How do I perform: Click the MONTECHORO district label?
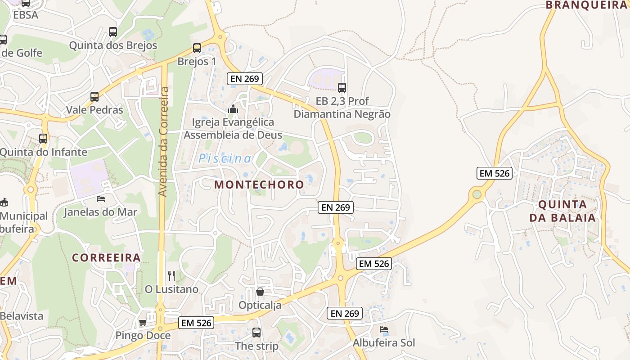[259, 184]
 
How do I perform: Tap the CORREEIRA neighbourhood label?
[107, 258]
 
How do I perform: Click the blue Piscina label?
[225, 158]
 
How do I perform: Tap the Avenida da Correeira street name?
[163, 142]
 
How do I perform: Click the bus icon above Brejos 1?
[197, 48]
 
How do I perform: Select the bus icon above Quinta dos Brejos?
[113, 32]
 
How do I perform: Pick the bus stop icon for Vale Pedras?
[94, 97]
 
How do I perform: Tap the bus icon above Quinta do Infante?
[43, 139]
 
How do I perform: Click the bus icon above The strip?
[256, 333]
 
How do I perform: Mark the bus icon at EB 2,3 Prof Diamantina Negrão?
[342, 88]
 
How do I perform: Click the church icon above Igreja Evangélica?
[233, 109]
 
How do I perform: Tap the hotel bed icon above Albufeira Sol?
[384, 330]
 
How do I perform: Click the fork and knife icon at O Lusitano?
[171, 275]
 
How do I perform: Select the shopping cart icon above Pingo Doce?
[143, 322]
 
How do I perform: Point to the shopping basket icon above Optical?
[260, 292]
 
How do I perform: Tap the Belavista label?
[22, 316]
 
